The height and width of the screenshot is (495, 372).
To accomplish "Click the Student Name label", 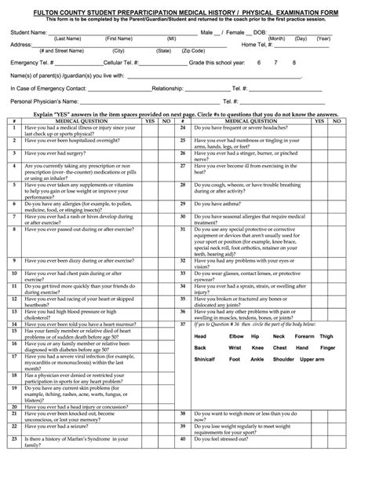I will tap(27, 32).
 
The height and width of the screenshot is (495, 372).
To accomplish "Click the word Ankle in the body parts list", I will tap(257, 359).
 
